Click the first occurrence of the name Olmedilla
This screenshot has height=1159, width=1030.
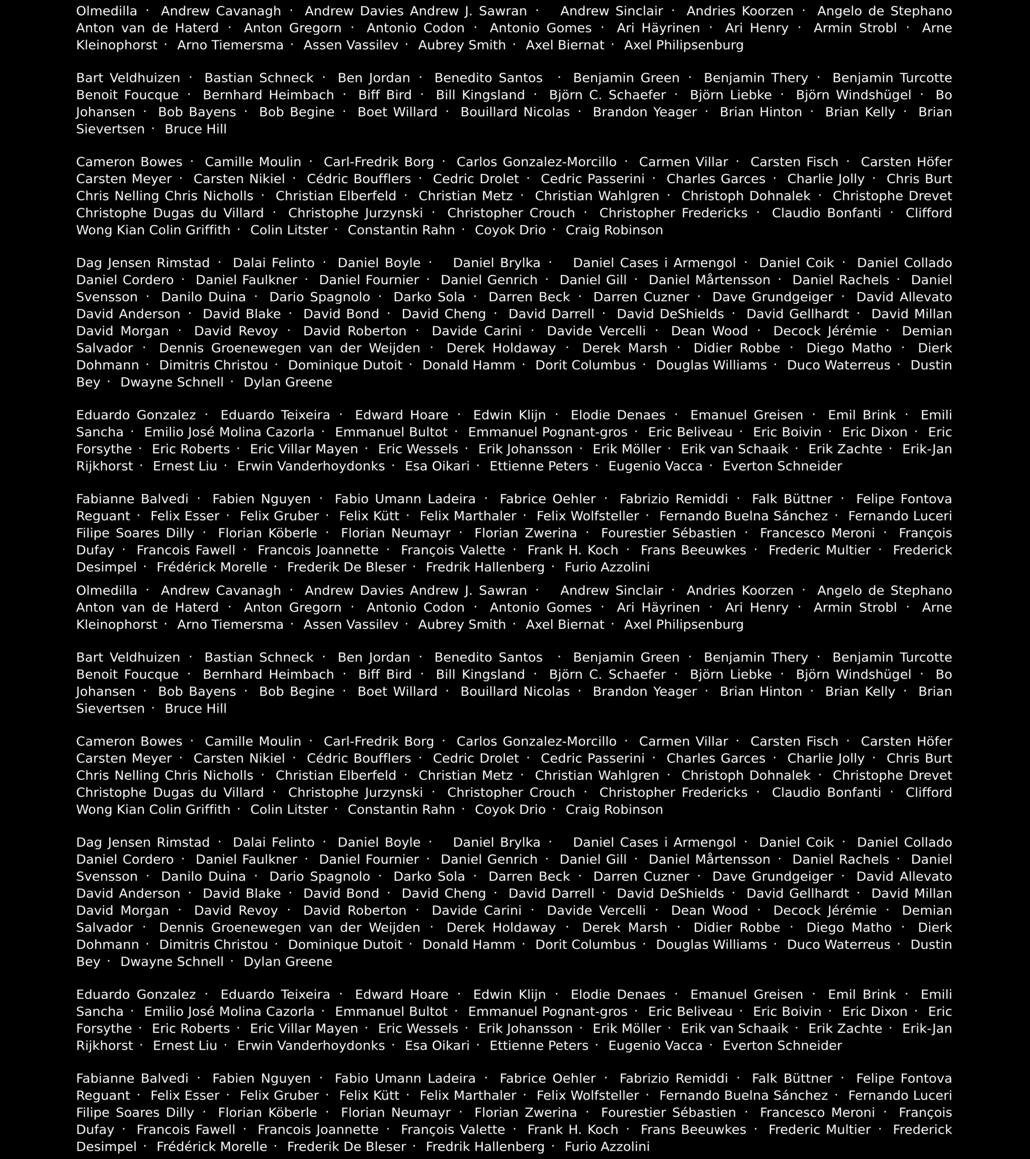pos(107,11)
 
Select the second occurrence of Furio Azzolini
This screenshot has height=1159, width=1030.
pos(607,1146)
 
